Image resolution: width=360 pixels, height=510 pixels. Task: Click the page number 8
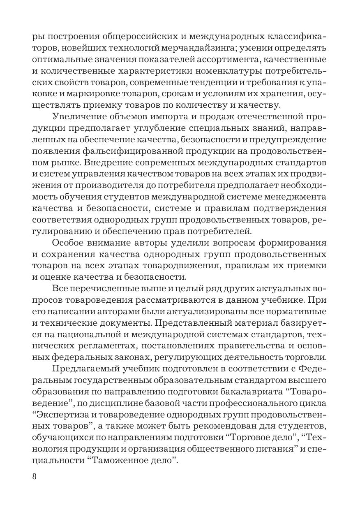tap(35, 477)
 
